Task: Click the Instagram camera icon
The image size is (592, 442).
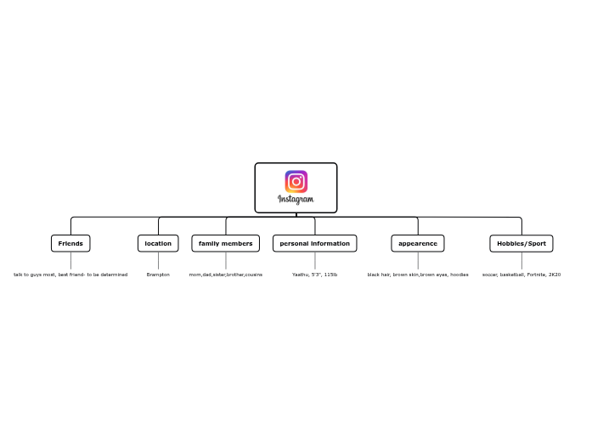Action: [296, 181]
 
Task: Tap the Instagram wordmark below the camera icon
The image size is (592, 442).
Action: [296, 200]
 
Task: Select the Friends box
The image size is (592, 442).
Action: [70, 244]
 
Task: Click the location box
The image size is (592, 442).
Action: [158, 244]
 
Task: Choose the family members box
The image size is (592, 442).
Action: [225, 244]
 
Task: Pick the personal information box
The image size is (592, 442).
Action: [314, 244]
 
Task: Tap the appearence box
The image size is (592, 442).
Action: [418, 244]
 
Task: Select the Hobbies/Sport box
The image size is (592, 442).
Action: [522, 244]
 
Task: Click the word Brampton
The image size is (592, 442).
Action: [158, 275]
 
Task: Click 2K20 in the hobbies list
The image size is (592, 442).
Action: [555, 275]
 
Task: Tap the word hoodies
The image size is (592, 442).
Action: [459, 275]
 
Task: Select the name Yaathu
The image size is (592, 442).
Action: [301, 275]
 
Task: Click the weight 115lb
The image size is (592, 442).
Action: [330, 275]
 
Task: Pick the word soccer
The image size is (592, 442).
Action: [490, 275]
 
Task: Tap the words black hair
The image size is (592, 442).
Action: [379, 275]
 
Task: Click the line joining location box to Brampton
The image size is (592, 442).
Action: [158, 261]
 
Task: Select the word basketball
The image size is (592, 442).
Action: [512, 275]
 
